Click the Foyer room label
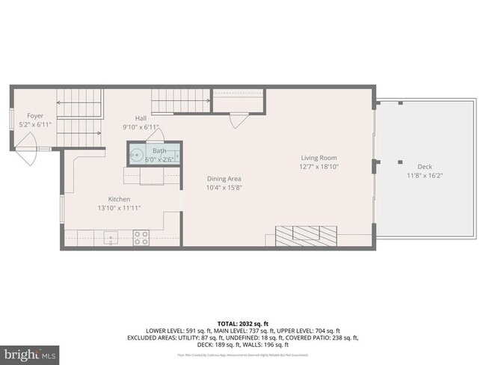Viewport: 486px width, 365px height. [x=35, y=116]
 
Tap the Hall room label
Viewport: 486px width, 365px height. [x=141, y=118]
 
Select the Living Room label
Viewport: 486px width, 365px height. [x=319, y=158]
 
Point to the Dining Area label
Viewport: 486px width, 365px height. [x=224, y=179]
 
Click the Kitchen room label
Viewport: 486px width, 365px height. [x=120, y=198]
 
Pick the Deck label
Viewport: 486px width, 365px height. [x=425, y=167]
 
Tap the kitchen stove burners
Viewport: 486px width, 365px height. [x=141, y=238]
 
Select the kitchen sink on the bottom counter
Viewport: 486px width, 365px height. [x=110, y=239]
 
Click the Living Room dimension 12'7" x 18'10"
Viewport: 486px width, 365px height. [x=319, y=167]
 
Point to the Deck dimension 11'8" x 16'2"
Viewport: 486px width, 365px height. [x=425, y=176]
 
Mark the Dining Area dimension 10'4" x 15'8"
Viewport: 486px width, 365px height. [x=224, y=188]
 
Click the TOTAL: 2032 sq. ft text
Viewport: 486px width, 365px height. [x=242, y=322]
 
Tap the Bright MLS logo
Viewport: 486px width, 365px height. [x=30, y=353]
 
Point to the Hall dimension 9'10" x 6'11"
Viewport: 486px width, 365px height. [x=141, y=127]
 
